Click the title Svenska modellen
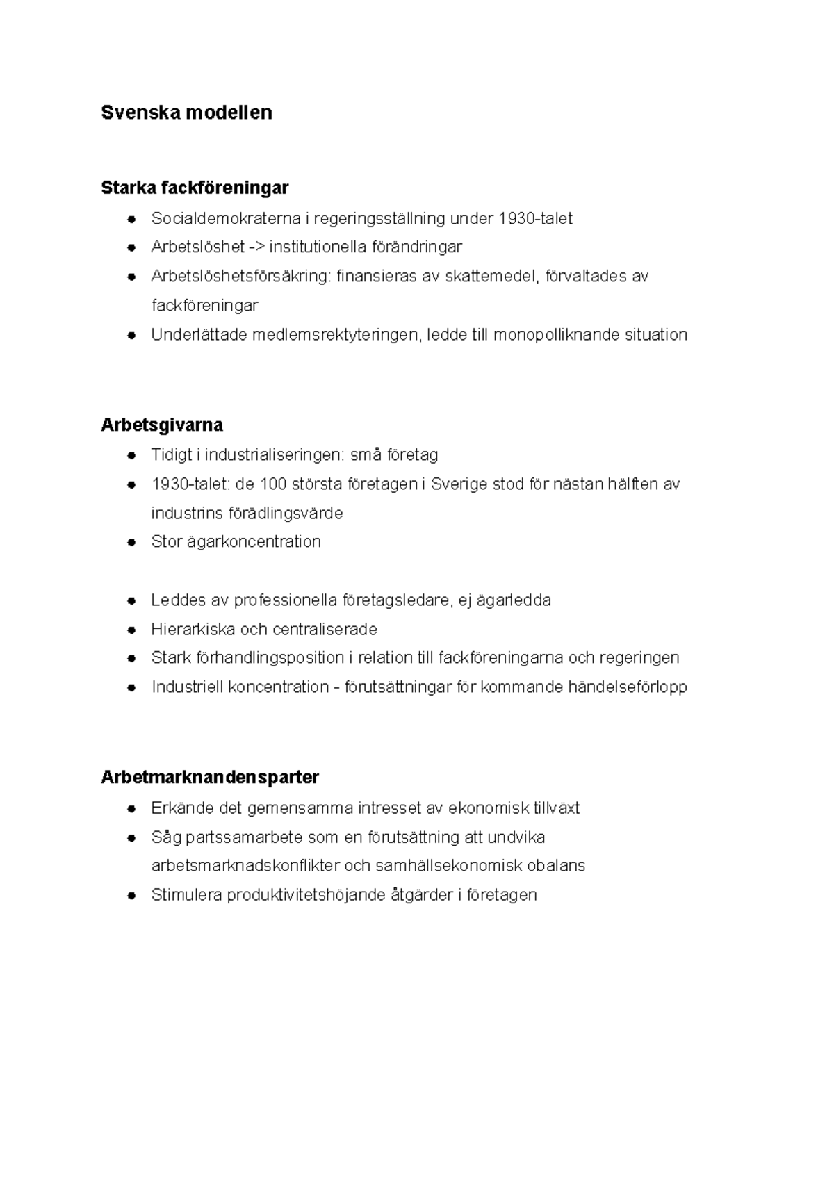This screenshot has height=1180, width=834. coord(186,113)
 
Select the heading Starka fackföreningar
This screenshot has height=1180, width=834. coord(195,188)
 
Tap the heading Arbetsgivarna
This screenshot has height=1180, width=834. coord(162,425)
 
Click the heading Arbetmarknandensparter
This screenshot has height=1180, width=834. coord(210,777)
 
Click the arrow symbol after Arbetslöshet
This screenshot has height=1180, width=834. coord(256,247)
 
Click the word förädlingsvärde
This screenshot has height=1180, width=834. coord(286,514)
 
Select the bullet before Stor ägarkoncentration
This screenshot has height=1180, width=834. coord(131,542)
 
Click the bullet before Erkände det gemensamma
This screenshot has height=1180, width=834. coord(131,808)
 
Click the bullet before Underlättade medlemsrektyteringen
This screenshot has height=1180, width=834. coord(131,335)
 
